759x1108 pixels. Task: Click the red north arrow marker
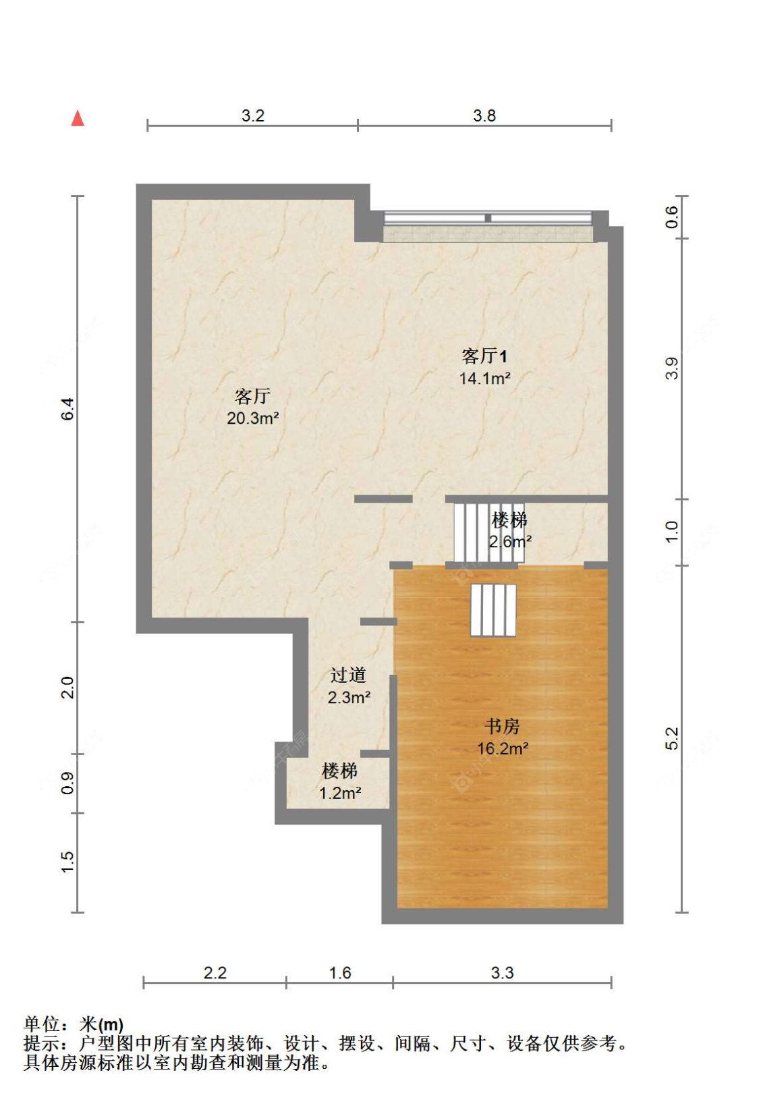(x=78, y=119)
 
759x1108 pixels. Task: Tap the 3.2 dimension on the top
(x=253, y=116)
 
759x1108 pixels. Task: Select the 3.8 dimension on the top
(x=484, y=116)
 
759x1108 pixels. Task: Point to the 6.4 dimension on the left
(x=68, y=410)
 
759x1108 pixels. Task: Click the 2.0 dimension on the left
(x=68, y=688)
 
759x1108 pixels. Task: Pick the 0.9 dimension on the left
(x=68, y=783)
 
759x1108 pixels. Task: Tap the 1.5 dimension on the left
(x=68, y=862)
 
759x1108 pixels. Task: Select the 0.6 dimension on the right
(x=672, y=217)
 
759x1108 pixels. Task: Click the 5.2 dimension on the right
(x=672, y=739)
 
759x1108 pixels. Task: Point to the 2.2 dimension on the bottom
(x=215, y=973)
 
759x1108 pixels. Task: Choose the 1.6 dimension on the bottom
(x=340, y=973)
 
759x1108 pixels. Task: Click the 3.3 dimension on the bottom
(x=502, y=973)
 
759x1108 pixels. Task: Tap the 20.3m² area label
(x=253, y=418)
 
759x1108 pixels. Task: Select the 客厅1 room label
(x=484, y=356)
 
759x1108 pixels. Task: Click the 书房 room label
(x=503, y=727)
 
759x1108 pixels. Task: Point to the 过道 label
(x=348, y=675)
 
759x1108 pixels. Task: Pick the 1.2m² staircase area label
(x=340, y=793)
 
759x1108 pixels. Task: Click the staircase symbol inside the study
(x=493, y=610)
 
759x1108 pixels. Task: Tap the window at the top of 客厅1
(x=488, y=219)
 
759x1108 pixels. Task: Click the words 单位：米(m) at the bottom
(x=74, y=1025)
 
